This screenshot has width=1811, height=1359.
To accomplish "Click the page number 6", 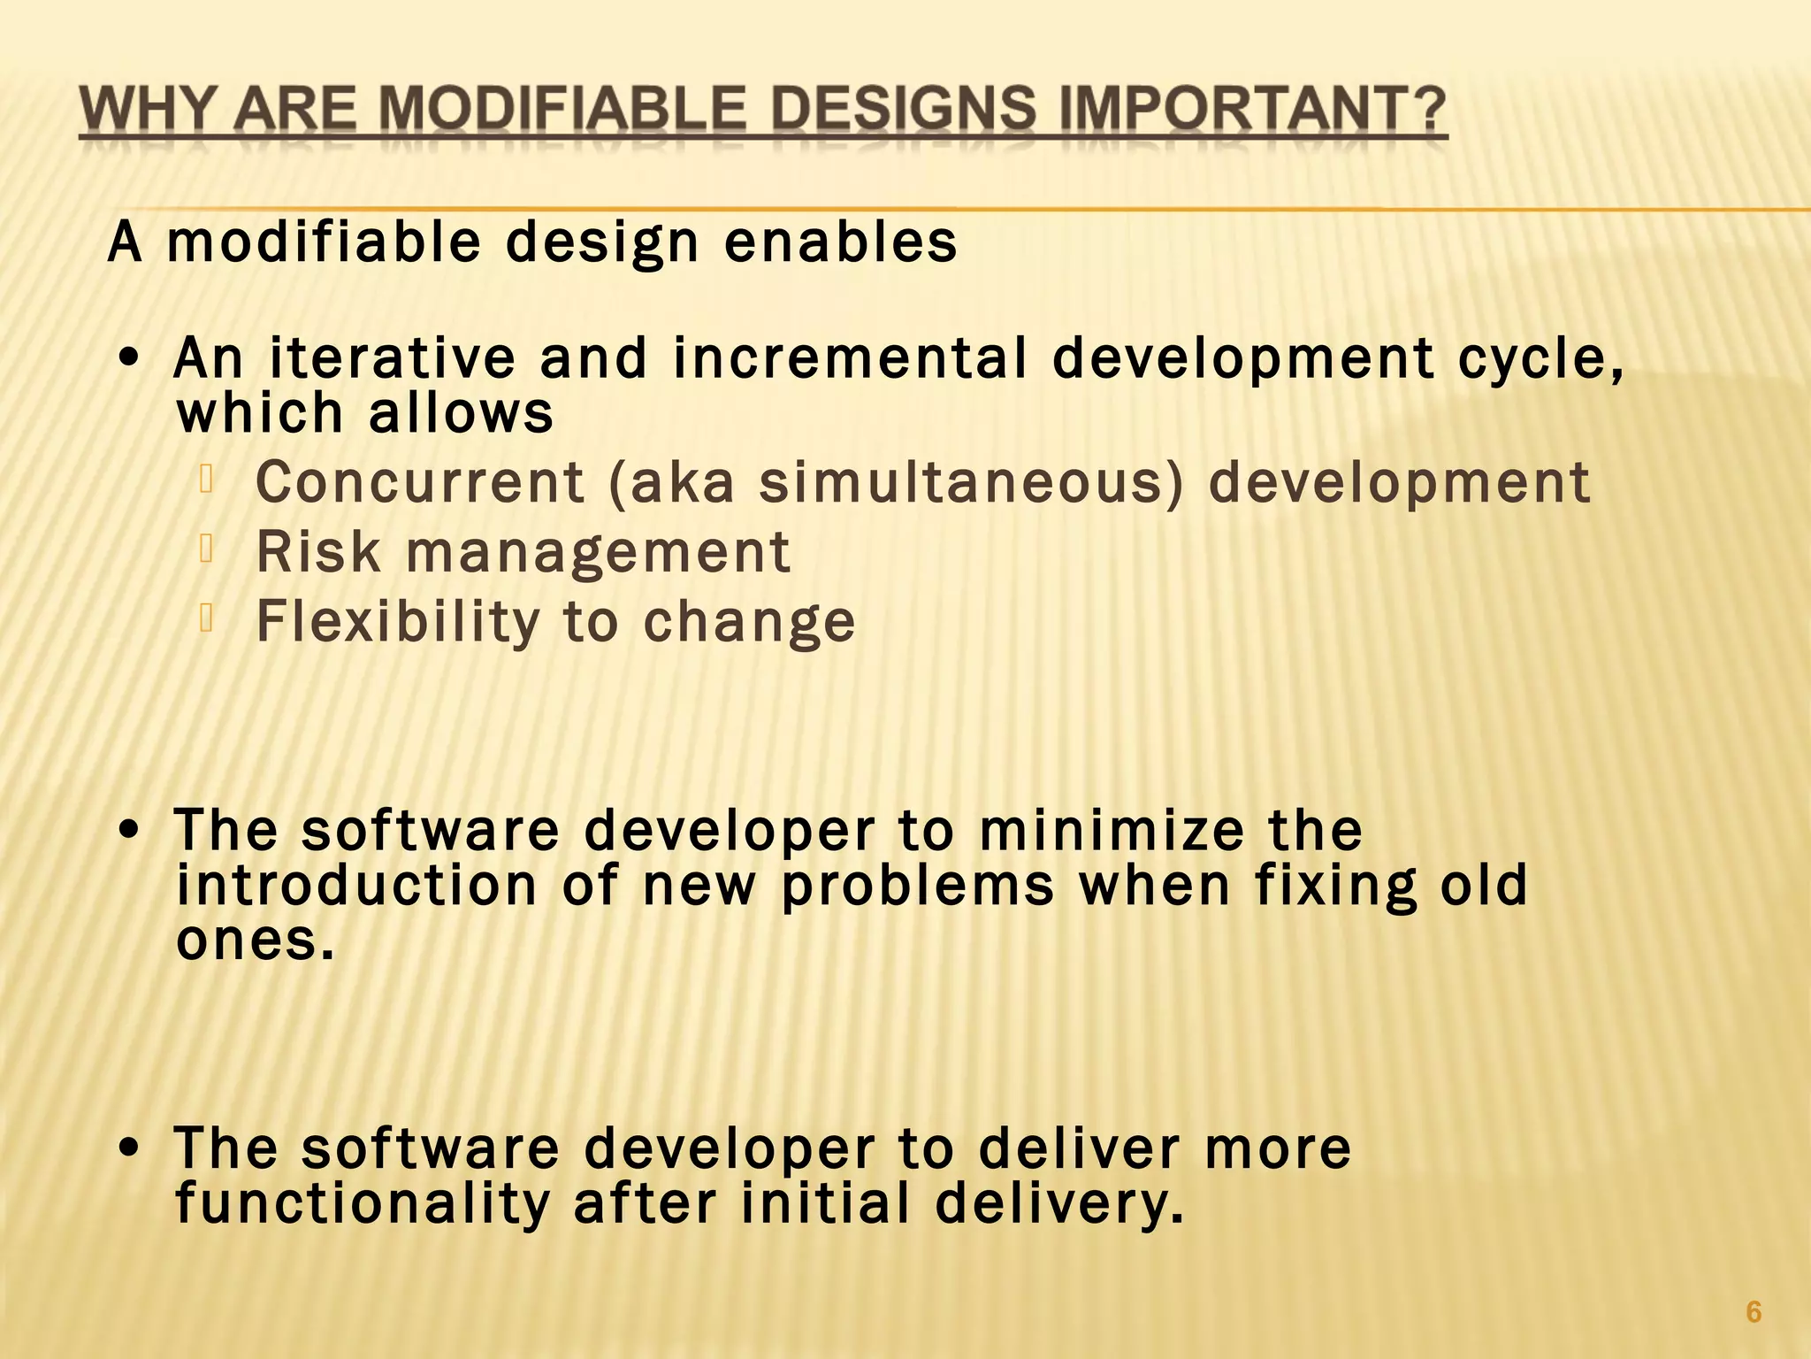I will [x=1754, y=1312].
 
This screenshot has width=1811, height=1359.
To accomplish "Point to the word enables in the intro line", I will [x=840, y=242].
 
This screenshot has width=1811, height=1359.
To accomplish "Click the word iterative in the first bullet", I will [x=392, y=358].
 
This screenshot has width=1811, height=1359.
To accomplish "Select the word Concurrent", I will [x=420, y=482].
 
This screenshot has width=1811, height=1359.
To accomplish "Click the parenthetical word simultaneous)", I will [x=971, y=484].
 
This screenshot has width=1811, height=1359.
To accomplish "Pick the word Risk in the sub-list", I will [x=318, y=552].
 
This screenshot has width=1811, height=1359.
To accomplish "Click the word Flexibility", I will [x=397, y=622].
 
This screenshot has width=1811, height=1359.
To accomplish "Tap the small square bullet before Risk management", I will [x=207, y=549].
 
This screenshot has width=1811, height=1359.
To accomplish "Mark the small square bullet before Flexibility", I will [x=207, y=618].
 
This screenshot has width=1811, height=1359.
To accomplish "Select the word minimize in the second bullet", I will [x=1111, y=830].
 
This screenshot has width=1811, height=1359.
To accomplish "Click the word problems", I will [x=918, y=886].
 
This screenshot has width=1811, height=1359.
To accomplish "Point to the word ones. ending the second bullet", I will [x=255, y=941].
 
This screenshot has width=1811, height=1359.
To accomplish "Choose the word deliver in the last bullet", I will [x=1079, y=1148].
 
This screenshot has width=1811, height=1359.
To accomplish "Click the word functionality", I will [x=363, y=1204].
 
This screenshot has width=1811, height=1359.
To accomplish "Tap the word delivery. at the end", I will [x=1058, y=1204].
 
